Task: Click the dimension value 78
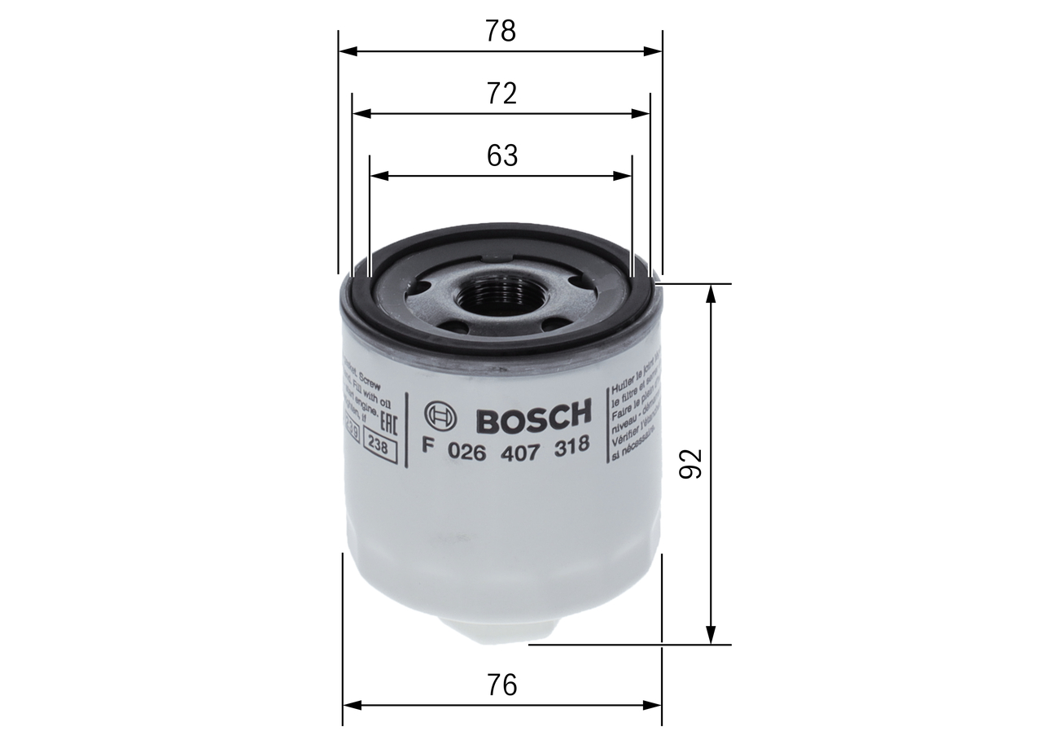[501, 31]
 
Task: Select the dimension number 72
[501, 94]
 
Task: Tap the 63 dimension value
[501, 155]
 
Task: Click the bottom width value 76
[501, 685]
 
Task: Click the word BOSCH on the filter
[532, 417]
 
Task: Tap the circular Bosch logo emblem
[441, 417]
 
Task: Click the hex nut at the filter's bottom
[501, 632]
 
